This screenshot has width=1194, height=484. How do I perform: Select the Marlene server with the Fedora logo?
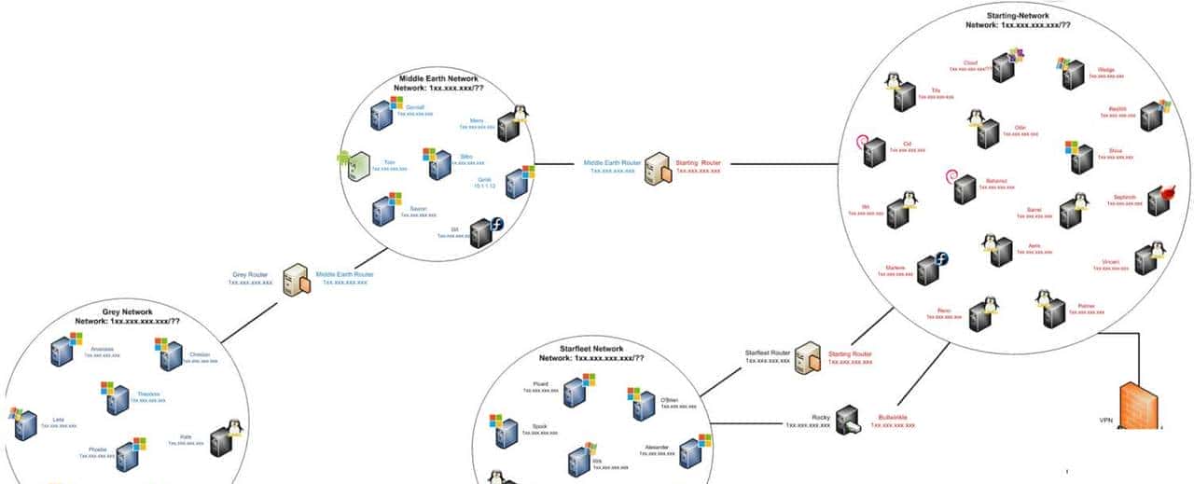(929, 270)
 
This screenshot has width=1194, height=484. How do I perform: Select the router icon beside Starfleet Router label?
(808, 357)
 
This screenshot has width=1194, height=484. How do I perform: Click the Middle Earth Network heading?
(437, 79)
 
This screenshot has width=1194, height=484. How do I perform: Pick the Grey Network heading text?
(127, 311)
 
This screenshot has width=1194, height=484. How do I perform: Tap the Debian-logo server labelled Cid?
(870, 152)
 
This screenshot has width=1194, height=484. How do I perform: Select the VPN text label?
(1106, 421)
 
